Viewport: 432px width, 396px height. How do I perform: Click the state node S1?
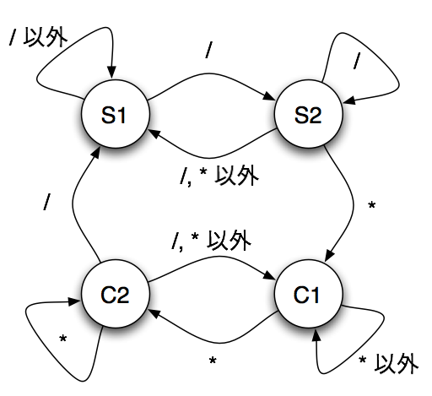[116, 114]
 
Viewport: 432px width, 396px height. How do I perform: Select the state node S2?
[308, 114]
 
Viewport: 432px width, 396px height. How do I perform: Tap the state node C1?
[308, 294]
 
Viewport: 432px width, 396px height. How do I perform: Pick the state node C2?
[116, 294]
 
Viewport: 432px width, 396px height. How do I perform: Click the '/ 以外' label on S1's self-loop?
[38, 37]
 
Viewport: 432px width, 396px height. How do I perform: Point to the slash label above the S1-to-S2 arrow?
[208, 50]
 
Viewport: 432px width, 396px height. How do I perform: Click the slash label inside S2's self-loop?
[357, 60]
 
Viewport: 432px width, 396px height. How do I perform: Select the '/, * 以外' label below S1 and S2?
[219, 176]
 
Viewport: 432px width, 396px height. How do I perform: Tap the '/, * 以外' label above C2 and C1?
[211, 240]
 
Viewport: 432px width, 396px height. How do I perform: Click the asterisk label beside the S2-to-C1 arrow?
[372, 205]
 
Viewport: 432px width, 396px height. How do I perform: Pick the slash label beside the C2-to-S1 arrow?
[46, 202]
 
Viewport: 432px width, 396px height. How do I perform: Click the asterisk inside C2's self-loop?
[63, 339]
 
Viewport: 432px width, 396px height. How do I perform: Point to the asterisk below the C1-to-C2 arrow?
[213, 360]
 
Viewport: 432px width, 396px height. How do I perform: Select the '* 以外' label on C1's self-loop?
[388, 364]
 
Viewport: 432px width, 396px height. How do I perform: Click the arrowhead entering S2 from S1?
[269, 96]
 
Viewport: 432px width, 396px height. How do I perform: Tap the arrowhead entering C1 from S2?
[330, 255]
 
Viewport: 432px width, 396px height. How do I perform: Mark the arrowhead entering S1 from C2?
[95, 155]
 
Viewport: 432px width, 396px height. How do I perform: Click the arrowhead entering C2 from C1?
[155, 312]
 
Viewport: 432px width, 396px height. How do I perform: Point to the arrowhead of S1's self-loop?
[111, 73]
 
